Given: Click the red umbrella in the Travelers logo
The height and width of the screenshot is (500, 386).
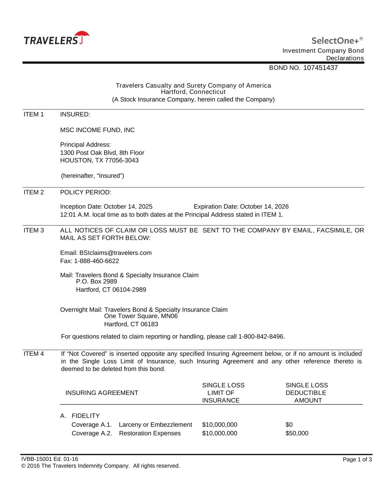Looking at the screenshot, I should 83,35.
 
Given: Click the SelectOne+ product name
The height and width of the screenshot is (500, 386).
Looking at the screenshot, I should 335,40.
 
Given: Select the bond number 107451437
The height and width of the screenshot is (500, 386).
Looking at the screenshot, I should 321,68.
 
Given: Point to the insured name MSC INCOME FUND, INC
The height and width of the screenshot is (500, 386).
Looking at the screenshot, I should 97,130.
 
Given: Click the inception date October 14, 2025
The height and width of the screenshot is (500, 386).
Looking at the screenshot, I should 128,207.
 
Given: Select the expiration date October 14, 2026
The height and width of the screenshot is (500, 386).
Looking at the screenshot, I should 264,207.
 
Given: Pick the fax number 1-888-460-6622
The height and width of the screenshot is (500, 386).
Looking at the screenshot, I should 96,261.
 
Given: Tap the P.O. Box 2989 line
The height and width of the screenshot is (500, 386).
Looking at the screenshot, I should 97,282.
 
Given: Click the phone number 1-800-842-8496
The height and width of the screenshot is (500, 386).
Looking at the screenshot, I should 261,337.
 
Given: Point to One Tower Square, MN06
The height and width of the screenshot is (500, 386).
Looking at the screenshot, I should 141,316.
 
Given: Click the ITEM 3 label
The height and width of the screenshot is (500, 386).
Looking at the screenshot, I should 34,230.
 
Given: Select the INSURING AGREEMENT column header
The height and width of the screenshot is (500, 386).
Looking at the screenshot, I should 102,393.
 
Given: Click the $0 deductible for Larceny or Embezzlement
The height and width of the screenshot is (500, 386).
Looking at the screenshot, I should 289,425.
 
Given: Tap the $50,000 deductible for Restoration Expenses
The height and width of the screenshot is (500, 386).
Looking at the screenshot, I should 297,433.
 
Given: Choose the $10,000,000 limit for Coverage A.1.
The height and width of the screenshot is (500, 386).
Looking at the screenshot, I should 220,425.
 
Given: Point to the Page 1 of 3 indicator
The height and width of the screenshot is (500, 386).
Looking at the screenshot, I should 357,460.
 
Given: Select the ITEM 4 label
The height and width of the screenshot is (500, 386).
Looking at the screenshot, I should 34,354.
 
